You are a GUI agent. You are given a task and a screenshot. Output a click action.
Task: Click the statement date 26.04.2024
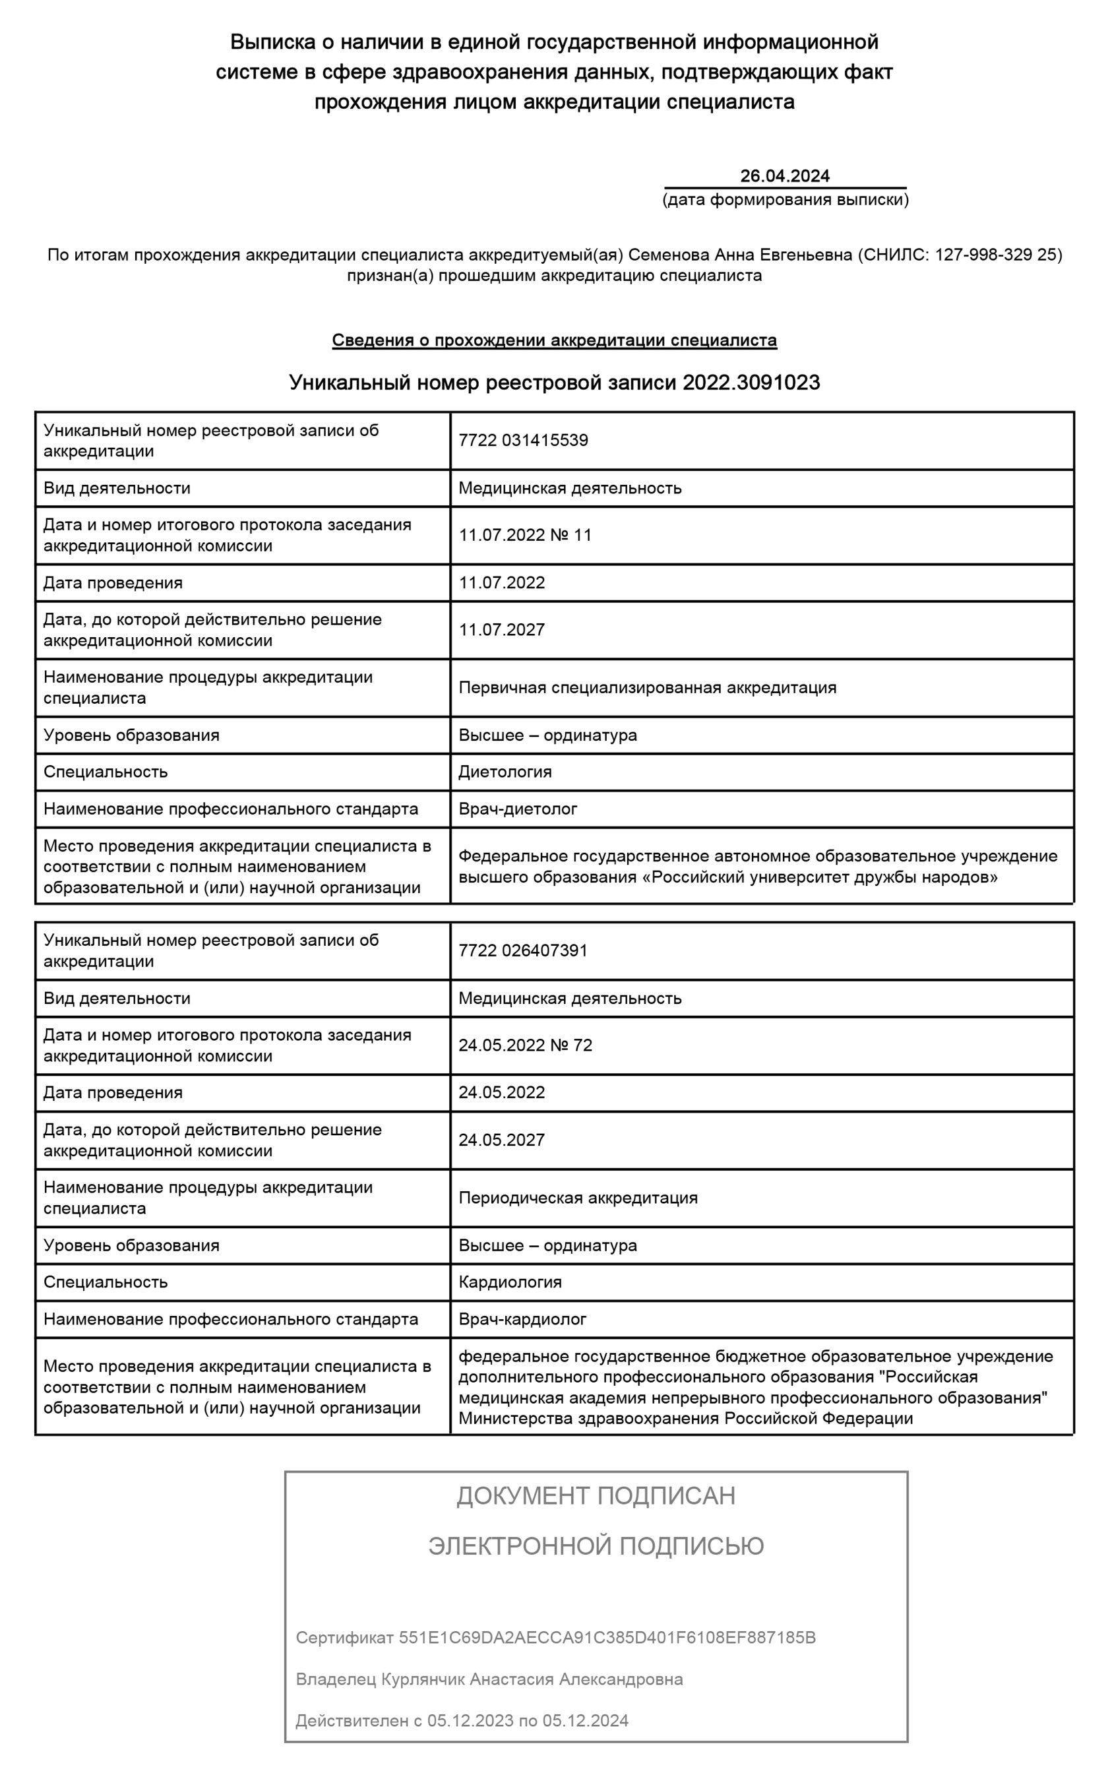784,176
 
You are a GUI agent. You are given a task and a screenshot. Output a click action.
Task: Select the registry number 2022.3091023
751,383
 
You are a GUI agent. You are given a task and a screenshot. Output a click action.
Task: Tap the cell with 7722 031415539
523,441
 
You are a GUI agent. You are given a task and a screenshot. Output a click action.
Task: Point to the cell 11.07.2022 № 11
525,535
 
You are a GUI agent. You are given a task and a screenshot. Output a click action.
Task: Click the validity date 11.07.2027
502,629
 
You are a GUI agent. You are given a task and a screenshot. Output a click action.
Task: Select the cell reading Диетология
505,772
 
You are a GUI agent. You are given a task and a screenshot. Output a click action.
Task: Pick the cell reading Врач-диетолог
517,809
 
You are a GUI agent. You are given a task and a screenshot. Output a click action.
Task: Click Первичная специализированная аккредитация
647,687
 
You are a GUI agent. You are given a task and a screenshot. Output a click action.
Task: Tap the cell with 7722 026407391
523,950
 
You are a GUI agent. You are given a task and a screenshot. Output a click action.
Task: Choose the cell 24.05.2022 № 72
525,1045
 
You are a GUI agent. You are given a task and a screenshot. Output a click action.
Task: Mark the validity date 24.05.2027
502,1139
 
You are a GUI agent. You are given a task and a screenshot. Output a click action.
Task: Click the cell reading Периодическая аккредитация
578,1197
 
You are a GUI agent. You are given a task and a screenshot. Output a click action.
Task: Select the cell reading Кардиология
510,1282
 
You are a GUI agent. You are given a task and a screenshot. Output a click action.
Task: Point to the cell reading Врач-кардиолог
522,1319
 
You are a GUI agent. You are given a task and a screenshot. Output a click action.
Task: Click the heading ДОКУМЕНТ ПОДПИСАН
595,1495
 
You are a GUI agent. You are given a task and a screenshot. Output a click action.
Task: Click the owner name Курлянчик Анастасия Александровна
532,1679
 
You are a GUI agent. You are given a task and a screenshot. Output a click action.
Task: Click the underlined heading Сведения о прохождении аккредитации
554,340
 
